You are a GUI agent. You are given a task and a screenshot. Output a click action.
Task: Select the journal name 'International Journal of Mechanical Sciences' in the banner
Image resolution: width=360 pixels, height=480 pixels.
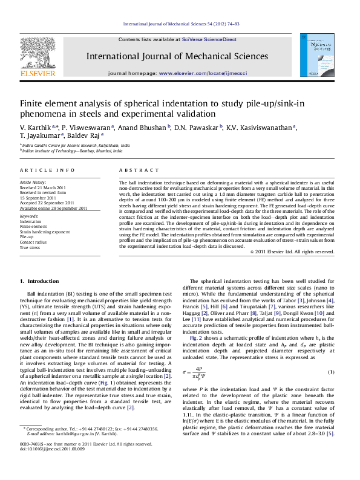point(178,57)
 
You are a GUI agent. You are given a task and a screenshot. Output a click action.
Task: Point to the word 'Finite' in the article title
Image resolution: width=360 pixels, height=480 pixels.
point(31,103)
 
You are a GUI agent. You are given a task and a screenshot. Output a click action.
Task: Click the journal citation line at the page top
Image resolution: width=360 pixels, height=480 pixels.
point(181,24)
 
